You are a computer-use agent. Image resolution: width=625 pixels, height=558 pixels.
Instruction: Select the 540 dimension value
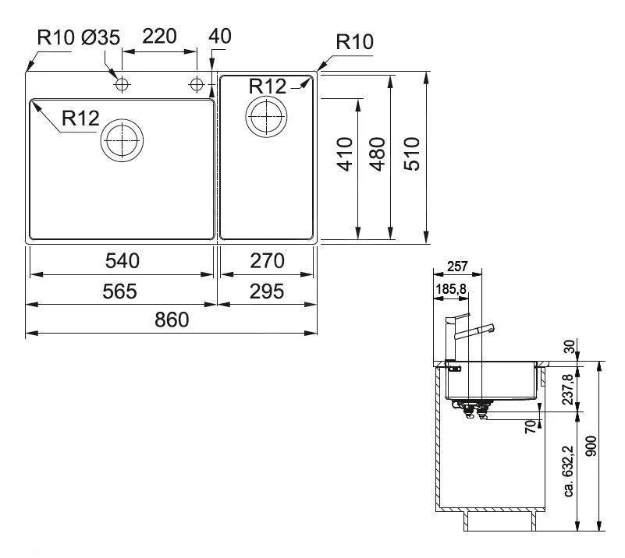121,260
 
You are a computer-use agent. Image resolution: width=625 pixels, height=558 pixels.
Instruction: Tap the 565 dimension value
121,291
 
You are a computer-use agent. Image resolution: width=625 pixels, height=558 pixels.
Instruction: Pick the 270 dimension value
268,260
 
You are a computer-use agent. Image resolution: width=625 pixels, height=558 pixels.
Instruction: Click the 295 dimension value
268,291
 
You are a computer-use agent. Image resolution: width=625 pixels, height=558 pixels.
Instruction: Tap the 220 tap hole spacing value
159,36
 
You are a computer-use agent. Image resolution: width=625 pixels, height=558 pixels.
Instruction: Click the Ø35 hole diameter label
99,36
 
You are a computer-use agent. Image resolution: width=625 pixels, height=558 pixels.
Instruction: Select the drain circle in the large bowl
122,141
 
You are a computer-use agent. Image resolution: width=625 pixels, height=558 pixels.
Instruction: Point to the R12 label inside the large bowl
80,118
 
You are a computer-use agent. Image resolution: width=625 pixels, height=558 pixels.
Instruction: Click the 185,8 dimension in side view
449,290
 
